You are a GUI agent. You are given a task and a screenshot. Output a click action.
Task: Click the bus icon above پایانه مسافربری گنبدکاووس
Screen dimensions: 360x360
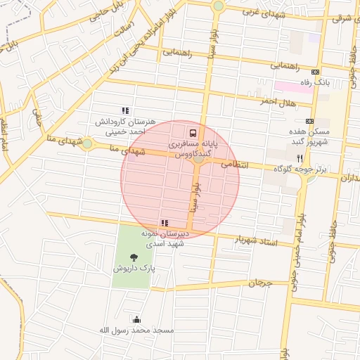click(x=193, y=132)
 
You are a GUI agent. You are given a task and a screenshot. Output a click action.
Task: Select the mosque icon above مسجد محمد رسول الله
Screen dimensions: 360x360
click(x=136, y=319)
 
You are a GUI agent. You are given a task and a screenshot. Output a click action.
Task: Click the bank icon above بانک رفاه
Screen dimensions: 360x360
click(x=314, y=72)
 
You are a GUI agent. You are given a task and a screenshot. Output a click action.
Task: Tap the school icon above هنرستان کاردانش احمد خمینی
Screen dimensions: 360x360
click(x=125, y=110)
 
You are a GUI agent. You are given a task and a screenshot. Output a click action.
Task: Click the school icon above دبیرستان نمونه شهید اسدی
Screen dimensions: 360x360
click(x=165, y=223)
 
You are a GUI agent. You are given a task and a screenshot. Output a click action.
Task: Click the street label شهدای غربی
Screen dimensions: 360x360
click(x=262, y=11)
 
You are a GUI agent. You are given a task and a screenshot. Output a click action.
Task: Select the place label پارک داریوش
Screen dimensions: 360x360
click(x=134, y=269)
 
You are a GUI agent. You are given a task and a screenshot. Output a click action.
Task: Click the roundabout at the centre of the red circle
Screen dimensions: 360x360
click(x=199, y=159)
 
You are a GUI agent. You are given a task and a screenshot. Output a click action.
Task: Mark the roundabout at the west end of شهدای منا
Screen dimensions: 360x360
click(x=86, y=144)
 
